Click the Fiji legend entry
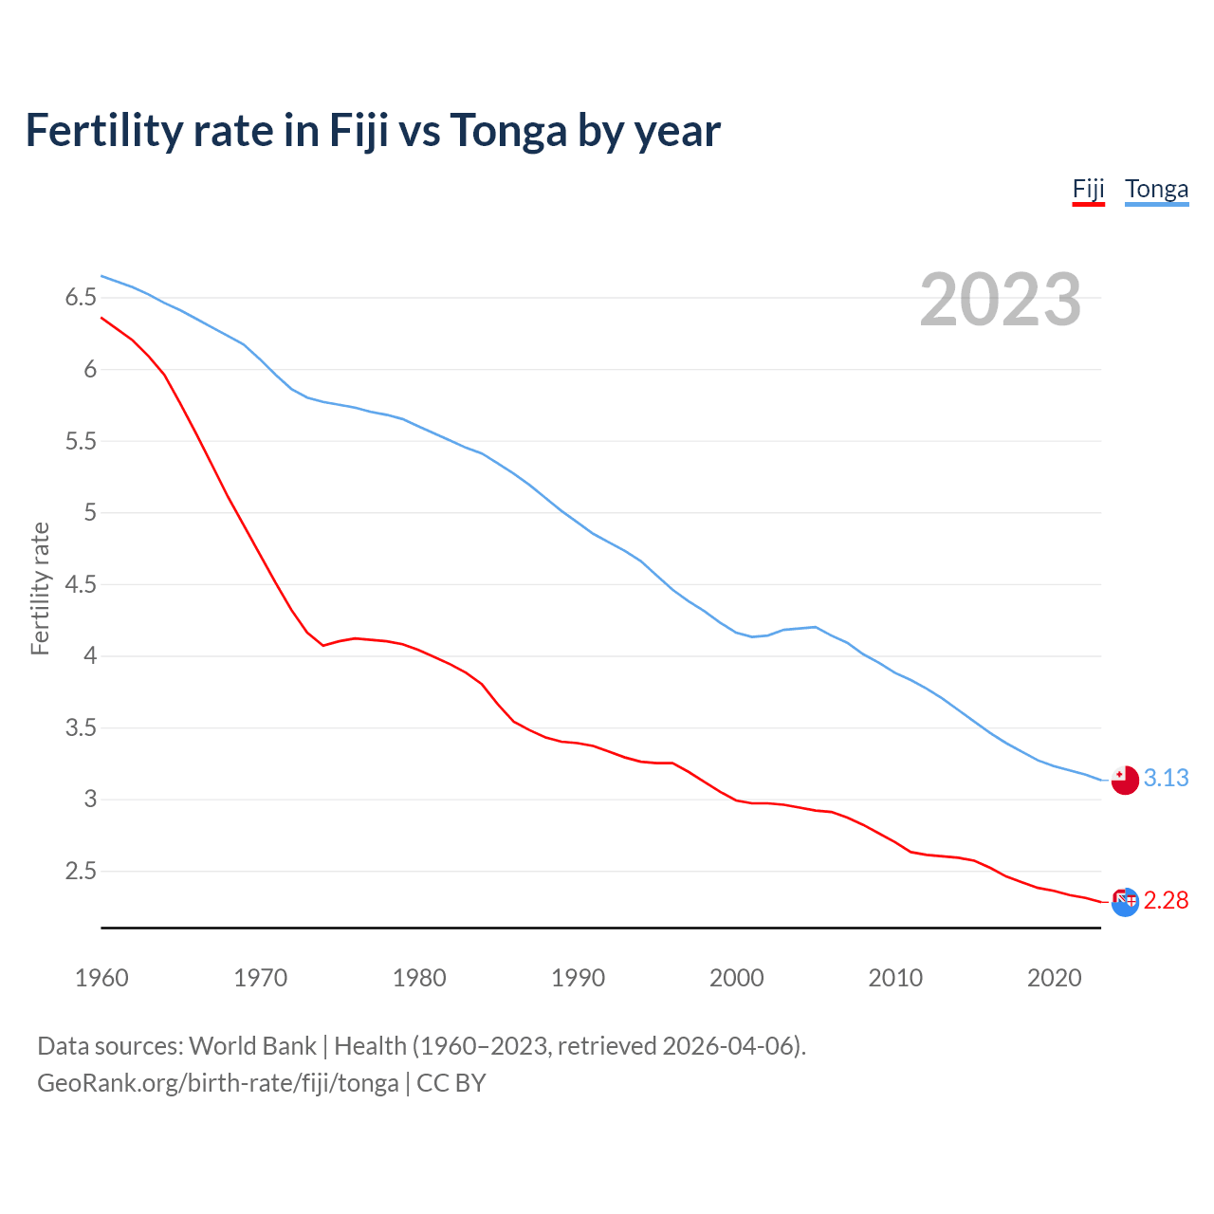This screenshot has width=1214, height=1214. tap(1088, 190)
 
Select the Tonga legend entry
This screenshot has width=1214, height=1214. tap(1156, 190)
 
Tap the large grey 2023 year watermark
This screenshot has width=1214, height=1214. tap(1000, 300)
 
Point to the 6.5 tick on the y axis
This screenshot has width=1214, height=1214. tap(81, 298)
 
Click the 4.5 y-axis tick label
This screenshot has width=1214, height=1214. tap(81, 584)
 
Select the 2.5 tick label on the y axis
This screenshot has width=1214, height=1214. tap(81, 871)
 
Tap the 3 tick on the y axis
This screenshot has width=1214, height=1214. tap(90, 800)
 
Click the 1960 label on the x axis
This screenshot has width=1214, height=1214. tap(101, 978)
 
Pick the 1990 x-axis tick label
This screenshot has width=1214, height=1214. tap(578, 978)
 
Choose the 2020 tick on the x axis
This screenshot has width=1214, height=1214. tap(1054, 978)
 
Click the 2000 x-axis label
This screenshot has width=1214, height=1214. tap(736, 978)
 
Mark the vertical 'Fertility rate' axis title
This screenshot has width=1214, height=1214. tap(40, 588)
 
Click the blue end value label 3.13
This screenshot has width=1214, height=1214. tap(1166, 778)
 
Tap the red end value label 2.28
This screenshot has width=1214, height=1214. tap(1166, 900)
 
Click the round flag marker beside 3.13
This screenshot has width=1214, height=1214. tap(1125, 780)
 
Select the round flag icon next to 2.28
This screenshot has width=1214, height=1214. tap(1125, 902)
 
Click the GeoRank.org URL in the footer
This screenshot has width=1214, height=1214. tap(217, 1083)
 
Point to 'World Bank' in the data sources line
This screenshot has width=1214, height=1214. tap(252, 1046)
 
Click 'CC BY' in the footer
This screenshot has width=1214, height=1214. tap(451, 1083)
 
